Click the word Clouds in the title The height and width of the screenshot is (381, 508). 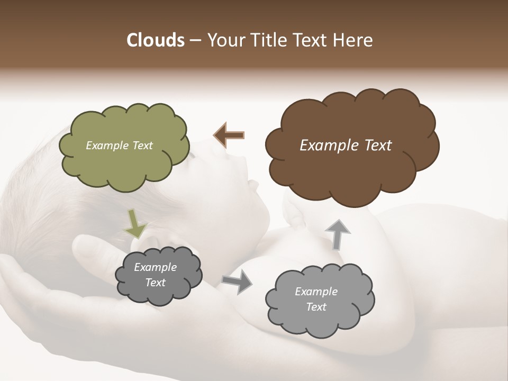155,40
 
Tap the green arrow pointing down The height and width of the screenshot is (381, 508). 135,223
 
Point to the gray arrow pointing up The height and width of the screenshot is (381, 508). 337,234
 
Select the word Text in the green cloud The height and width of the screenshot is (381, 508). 142,146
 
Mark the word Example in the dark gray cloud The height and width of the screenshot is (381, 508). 155,267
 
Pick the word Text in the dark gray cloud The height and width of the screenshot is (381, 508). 155,283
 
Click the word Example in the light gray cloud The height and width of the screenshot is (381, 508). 316,292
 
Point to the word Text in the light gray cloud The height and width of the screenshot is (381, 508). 316,307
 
